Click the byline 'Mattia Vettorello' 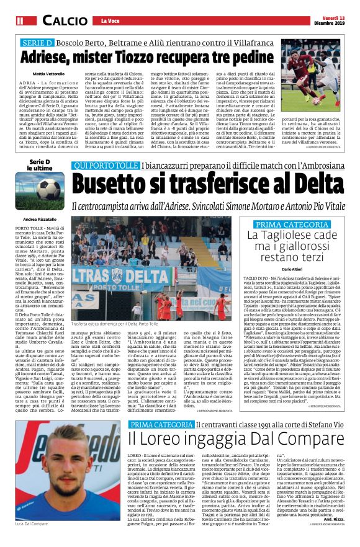[x=46, y=74]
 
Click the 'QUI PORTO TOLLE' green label [x=105, y=164]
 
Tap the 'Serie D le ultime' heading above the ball [x=40, y=164]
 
